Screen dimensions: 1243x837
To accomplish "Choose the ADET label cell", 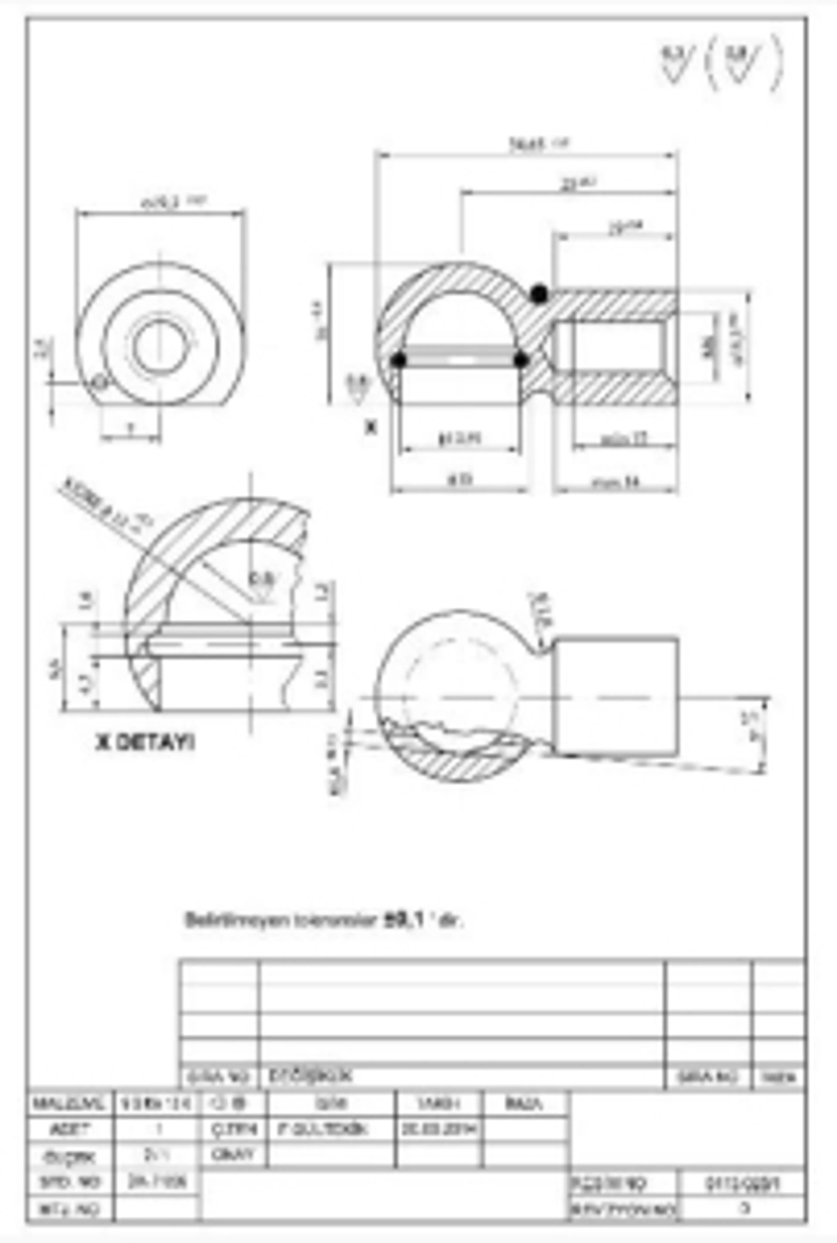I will click(69, 1129).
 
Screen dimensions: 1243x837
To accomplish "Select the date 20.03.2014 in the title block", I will click(439, 1129).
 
